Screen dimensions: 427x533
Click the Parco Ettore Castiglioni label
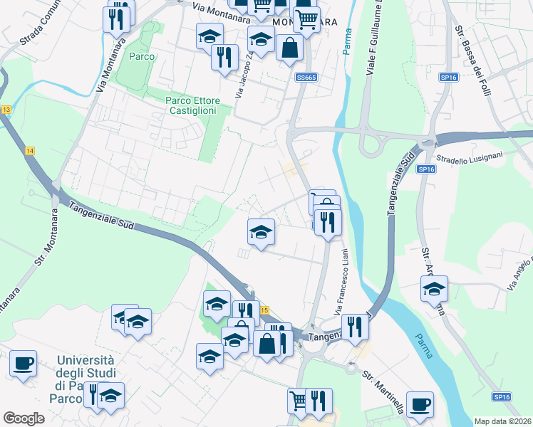point(192,105)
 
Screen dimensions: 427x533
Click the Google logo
point(24,418)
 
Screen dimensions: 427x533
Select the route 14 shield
point(29,151)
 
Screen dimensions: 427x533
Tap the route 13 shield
point(6,110)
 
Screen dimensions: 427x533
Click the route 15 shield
point(264,310)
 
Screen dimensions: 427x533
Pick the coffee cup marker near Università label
point(24,364)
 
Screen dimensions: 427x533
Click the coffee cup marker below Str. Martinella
point(420,404)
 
